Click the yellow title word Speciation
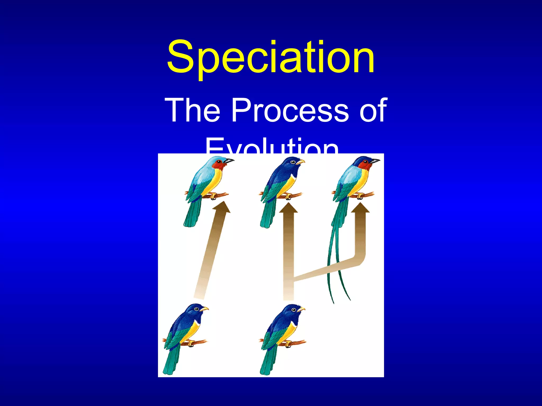click(x=270, y=57)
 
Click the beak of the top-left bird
click(x=229, y=160)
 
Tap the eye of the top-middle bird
click(x=292, y=162)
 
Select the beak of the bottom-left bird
click(x=204, y=308)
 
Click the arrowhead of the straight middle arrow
click(x=288, y=208)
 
